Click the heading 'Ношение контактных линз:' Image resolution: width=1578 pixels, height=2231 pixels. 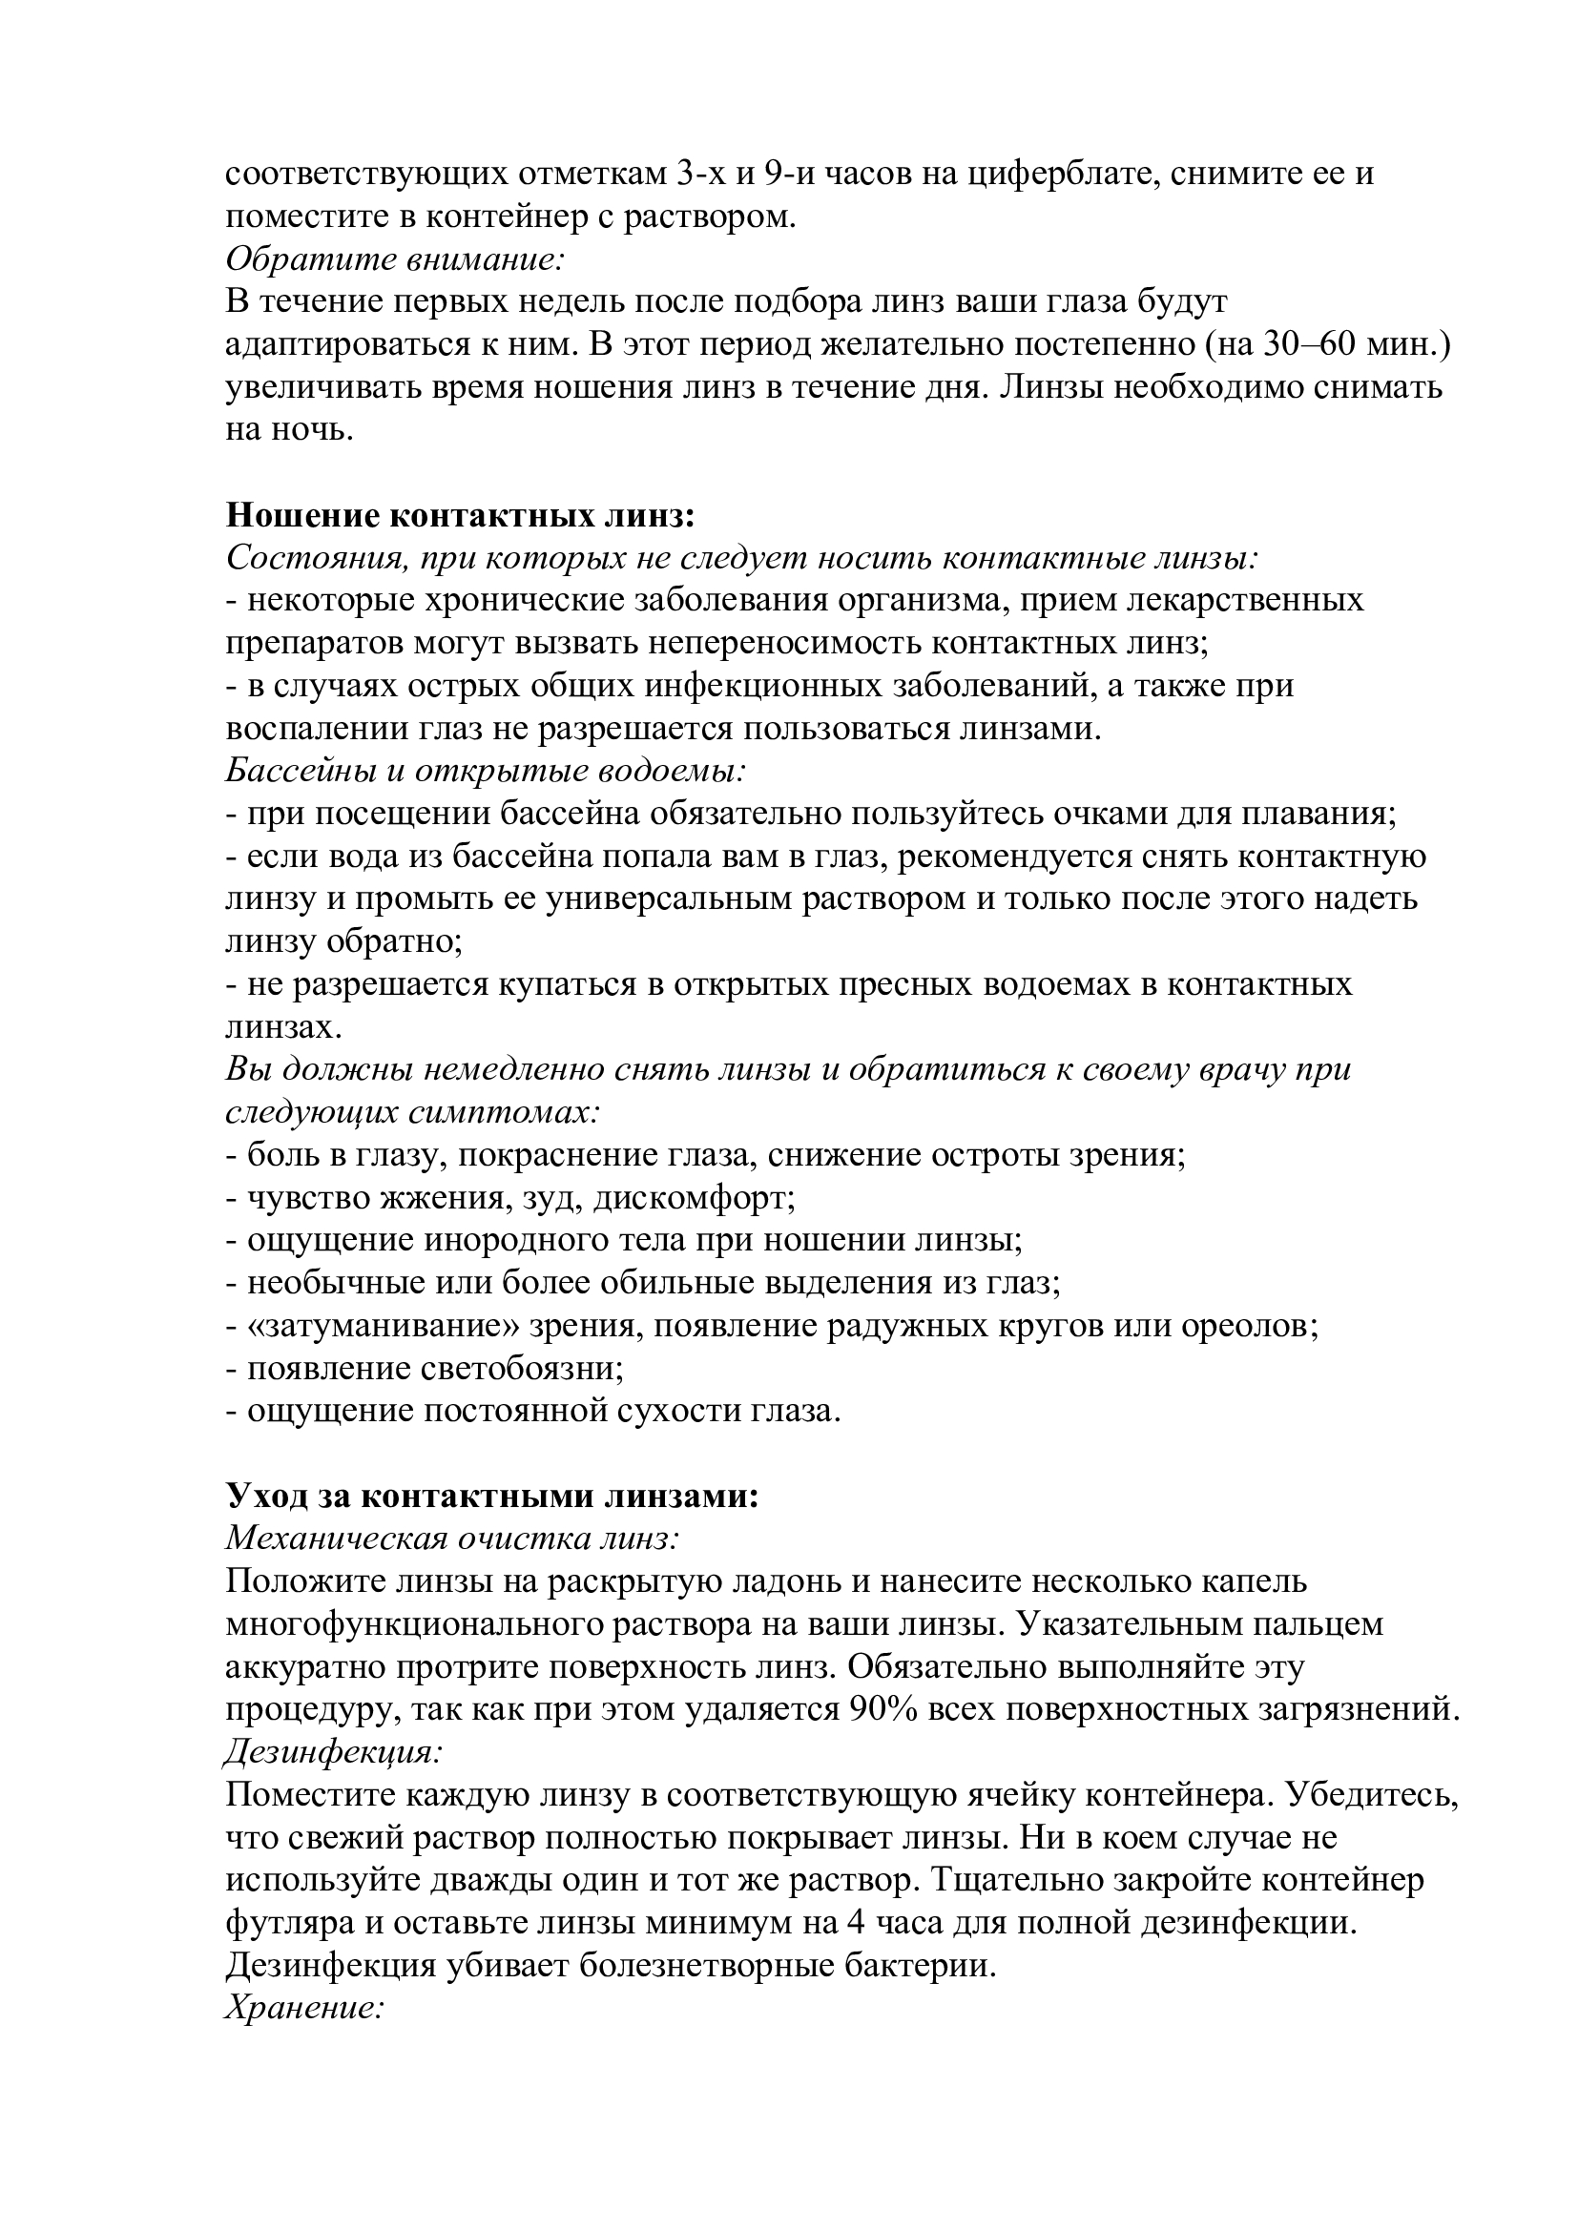pyautogui.click(x=461, y=514)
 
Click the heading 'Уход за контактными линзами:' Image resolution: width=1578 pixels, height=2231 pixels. pyautogui.click(x=491, y=1496)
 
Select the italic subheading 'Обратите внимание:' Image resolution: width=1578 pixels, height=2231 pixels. pyautogui.click(x=396, y=258)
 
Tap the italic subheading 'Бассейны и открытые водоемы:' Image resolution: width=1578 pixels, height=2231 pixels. pyautogui.click(x=486, y=771)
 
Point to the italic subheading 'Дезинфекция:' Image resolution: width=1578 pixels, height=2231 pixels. pyautogui.click(x=334, y=1751)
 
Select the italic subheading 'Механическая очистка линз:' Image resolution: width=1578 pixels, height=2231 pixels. pyautogui.click(x=452, y=1539)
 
